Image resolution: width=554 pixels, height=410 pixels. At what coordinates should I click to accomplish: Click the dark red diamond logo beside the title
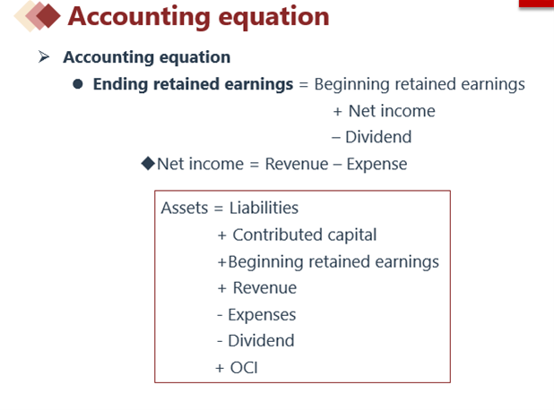[48, 15]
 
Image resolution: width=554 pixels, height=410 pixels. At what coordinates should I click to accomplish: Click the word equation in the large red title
[273, 17]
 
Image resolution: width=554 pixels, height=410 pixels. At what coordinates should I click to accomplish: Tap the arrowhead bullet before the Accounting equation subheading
[43, 56]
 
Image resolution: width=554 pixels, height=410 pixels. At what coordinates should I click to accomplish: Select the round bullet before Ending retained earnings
[78, 84]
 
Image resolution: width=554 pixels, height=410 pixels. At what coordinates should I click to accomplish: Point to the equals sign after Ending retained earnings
[304, 85]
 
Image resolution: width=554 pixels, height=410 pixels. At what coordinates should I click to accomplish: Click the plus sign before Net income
[337, 112]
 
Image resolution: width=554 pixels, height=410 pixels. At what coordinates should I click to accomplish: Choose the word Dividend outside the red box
[378, 137]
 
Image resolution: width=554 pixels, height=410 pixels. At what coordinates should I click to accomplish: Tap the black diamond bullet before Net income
[148, 163]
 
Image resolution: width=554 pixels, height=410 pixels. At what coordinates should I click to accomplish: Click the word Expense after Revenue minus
[377, 165]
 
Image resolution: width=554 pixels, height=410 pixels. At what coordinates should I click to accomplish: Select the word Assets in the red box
[185, 208]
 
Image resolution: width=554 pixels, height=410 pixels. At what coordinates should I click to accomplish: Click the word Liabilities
[264, 208]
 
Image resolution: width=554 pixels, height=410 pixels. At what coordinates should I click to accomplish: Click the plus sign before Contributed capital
[221, 235]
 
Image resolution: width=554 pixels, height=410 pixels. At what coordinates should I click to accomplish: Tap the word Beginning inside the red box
[265, 262]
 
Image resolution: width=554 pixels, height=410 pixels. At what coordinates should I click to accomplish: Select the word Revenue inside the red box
[264, 288]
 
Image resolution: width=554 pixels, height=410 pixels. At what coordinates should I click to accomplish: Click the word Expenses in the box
[262, 315]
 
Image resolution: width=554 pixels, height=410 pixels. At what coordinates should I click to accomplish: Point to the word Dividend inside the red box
[261, 341]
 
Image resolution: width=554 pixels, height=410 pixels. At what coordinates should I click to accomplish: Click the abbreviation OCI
[244, 368]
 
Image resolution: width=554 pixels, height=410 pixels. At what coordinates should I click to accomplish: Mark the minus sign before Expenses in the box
[220, 315]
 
